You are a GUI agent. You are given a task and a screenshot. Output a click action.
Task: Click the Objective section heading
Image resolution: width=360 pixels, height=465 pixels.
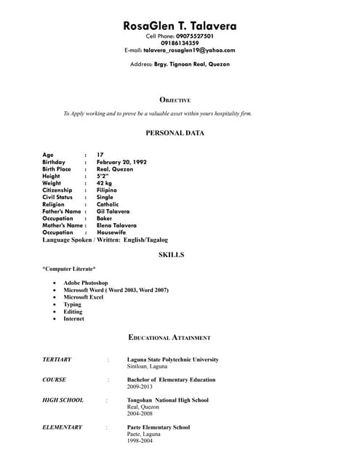coord(175,100)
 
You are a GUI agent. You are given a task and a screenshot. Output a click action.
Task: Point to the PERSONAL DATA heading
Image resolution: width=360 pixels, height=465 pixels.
coord(175,133)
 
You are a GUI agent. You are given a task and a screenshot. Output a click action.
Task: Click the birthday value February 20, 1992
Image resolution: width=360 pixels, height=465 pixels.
coord(121,162)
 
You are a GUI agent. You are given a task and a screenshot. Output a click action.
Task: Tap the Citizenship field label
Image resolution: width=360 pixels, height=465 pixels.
coord(57,190)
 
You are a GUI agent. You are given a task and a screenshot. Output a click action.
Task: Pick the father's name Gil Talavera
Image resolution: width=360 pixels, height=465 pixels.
coord(113,211)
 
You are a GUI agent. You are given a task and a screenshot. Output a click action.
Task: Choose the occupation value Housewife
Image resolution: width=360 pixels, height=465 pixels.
coord(112,232)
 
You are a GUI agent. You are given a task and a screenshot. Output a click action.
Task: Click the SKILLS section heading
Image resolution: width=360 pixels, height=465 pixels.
coord(171,255)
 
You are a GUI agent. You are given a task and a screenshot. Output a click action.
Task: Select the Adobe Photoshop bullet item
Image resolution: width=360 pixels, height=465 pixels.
coord(86,283)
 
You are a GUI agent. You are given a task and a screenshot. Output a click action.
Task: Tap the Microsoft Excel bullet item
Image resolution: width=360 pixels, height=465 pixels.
coord(84,297)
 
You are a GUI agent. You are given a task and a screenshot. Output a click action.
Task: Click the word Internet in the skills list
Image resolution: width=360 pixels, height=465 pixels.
coord(73,319)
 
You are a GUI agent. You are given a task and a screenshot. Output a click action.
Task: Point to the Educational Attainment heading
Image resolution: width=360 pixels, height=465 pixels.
coord(169,338)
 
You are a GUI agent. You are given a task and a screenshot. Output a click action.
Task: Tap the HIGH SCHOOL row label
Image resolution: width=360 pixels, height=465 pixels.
coord(63,400)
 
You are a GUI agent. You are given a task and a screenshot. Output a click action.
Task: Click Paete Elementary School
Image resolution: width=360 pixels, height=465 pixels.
coord(159,427)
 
